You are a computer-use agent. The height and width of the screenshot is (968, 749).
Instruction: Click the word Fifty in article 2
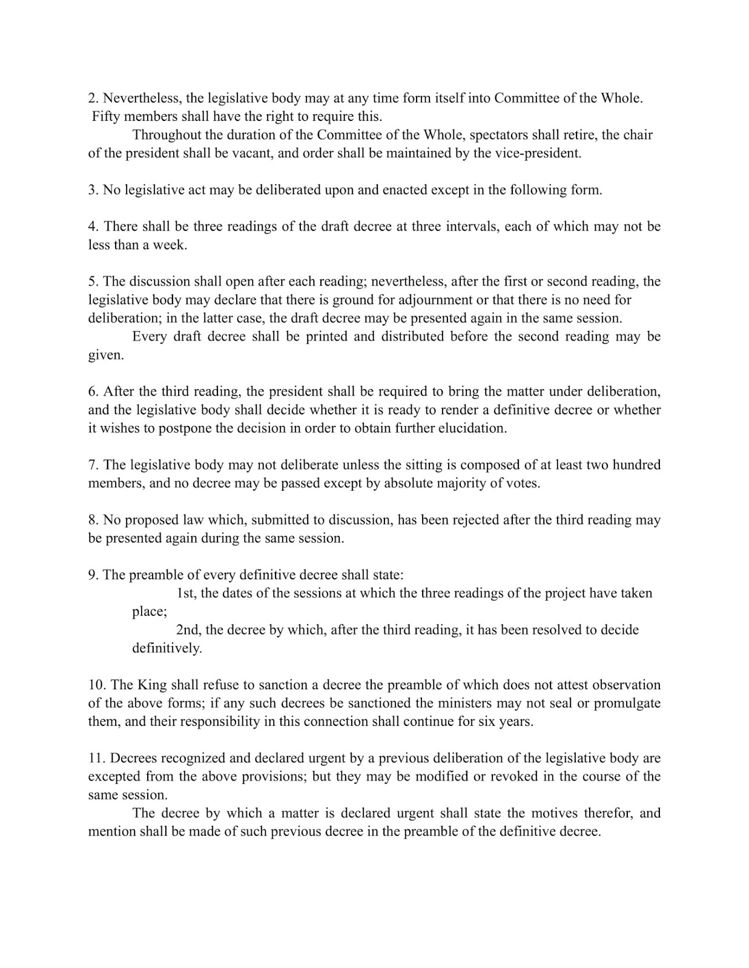105,116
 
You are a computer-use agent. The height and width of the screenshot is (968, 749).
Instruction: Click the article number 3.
93,190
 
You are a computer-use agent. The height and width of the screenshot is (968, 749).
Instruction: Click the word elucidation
466,428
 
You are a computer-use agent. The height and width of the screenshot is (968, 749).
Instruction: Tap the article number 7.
93,465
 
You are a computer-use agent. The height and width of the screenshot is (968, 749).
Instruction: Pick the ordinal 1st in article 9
186,594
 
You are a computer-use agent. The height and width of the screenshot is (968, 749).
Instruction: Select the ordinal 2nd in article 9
188,630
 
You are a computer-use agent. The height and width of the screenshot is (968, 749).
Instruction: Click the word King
152,685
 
